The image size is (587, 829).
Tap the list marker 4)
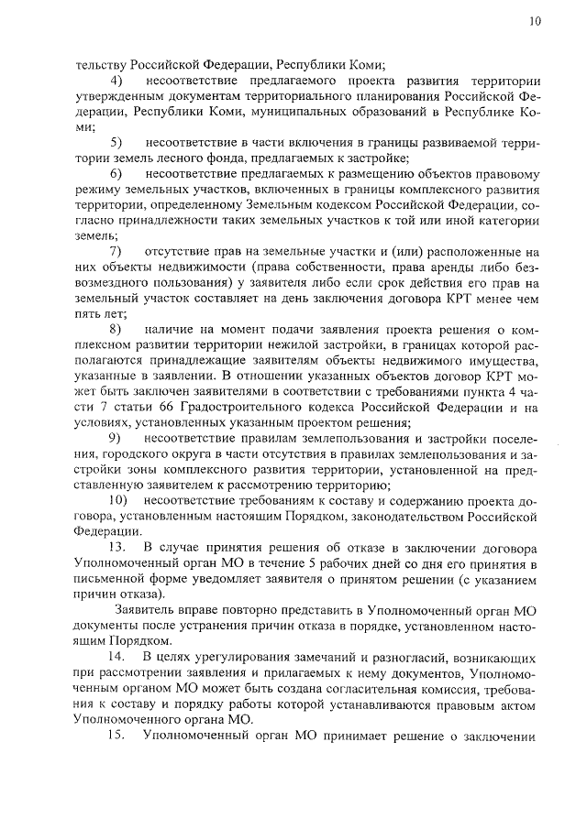click(x=116, y=80)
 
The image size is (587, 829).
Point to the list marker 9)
click(x=116, y=437)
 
